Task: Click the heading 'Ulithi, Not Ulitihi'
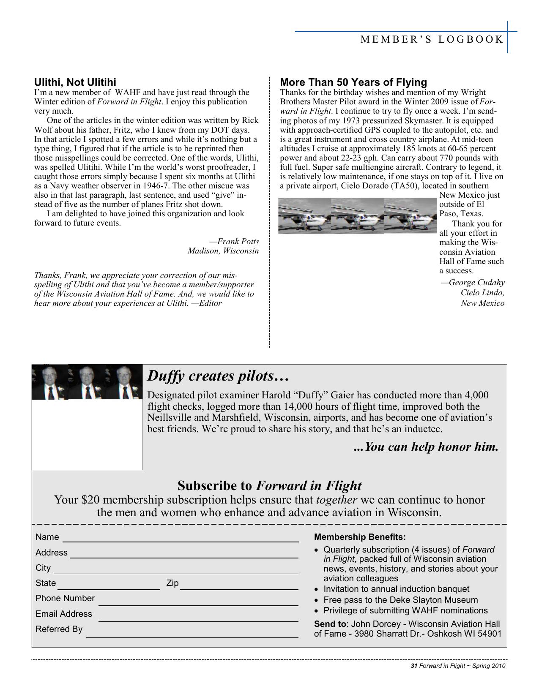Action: click(x=75, y=82)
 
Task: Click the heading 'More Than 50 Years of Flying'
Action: click(x=353, y=82)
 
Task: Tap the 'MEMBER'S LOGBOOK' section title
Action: click(x=432, y=40)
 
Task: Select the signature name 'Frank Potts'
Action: click(x=238, y=242)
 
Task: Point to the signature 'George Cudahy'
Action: click(x=476, y=283)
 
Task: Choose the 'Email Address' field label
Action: click(x=63, y=614)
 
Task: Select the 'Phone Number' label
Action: click(x=65, y=598)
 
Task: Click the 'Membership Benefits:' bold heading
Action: click(x=359, y=537)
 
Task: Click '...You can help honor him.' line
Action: click(x=425, y=447)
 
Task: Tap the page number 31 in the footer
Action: click(x=414, y=666)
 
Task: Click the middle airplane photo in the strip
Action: click(x=357, y=215)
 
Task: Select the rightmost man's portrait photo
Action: click(x=124, y=382)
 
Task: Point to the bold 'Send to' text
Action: click(x=330, y=624)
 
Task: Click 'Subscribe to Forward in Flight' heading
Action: click(x=269, y=485)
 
